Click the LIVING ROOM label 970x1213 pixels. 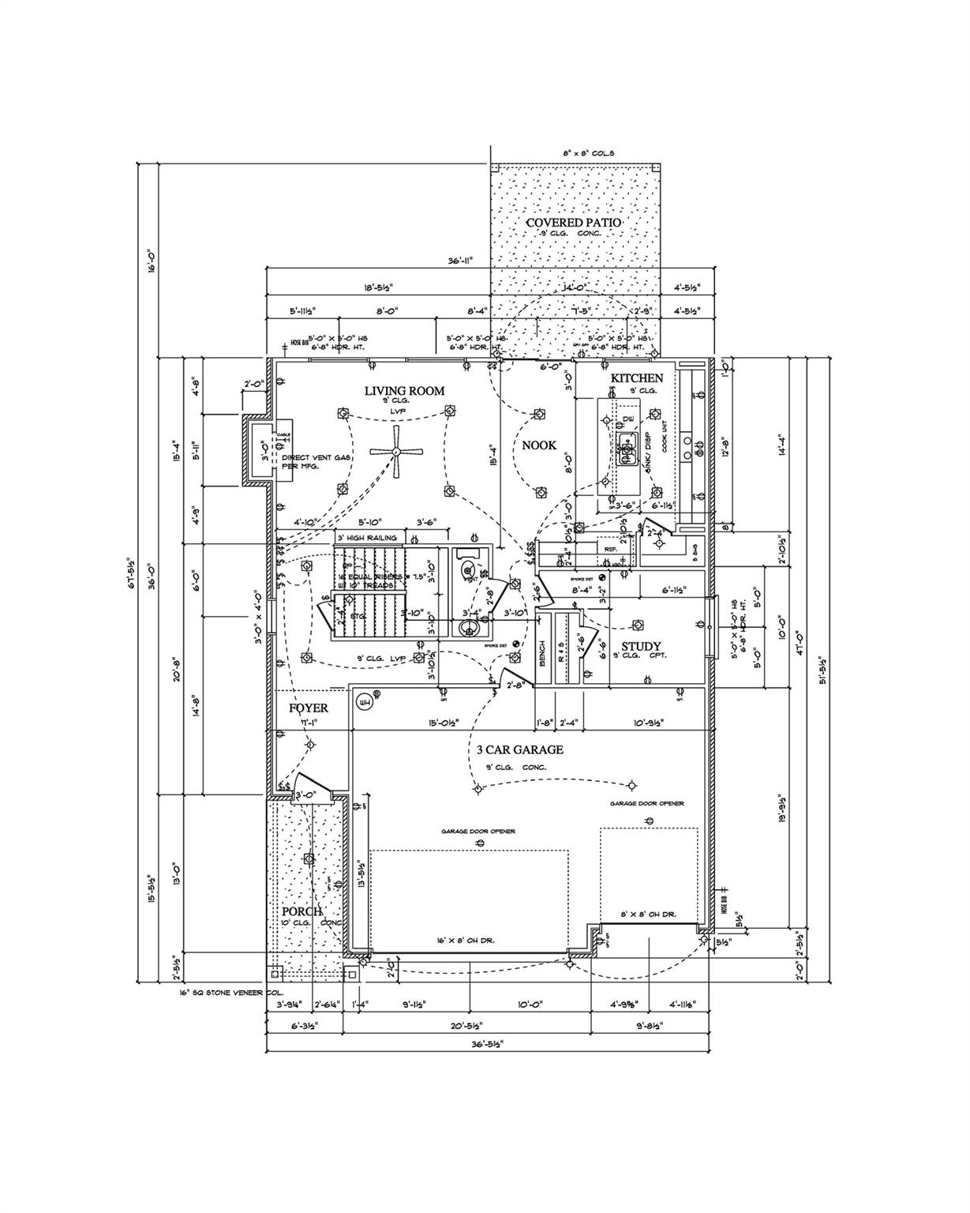[404, 391]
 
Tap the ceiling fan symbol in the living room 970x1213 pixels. [397, 453]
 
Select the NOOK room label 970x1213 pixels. [539, 445]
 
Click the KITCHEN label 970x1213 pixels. [637, 378]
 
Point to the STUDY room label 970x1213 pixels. [646, 647]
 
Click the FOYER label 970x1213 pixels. [309, 708]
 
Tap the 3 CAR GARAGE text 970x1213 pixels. [519, 749]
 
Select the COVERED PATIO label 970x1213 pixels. [574, 223]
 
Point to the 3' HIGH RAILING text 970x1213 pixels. [367, 538]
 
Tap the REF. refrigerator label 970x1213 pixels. [610, 548]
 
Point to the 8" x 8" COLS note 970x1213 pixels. [588, 153]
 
